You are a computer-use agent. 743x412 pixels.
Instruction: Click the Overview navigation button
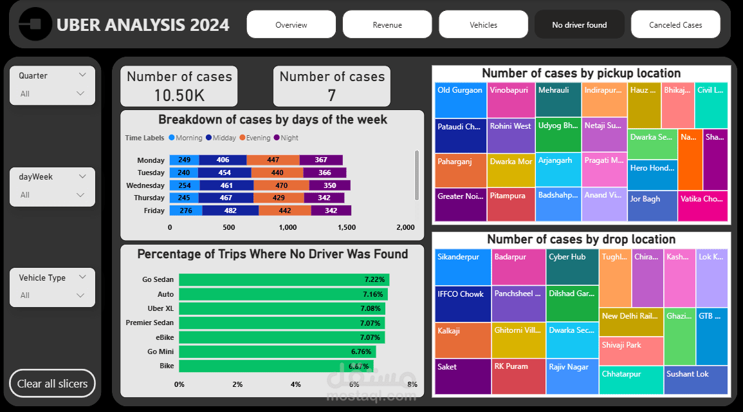tap(291, 25)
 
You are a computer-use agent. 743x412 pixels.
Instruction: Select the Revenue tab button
tap(387, 25)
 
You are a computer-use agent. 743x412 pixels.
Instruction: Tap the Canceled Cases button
tap(675, 25)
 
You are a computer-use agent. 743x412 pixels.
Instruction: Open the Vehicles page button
tap(483, 25)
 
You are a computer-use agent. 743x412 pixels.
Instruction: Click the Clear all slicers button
tap(52, 384)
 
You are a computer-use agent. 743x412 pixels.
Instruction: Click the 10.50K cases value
tap(179, 95)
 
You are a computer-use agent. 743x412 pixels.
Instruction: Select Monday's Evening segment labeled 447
tap(273, 160)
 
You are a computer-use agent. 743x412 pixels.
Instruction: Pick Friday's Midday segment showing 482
tap(230, 211)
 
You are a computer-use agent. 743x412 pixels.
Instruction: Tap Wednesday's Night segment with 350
tap(331, 185)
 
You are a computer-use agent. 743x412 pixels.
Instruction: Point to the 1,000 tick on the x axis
tap(288, 227)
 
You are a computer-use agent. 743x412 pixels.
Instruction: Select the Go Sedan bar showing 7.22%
tap(284, 280)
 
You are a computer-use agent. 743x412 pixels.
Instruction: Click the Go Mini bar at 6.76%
tap(277, 351)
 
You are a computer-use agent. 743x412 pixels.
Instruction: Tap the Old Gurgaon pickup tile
tap(459, 100)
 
